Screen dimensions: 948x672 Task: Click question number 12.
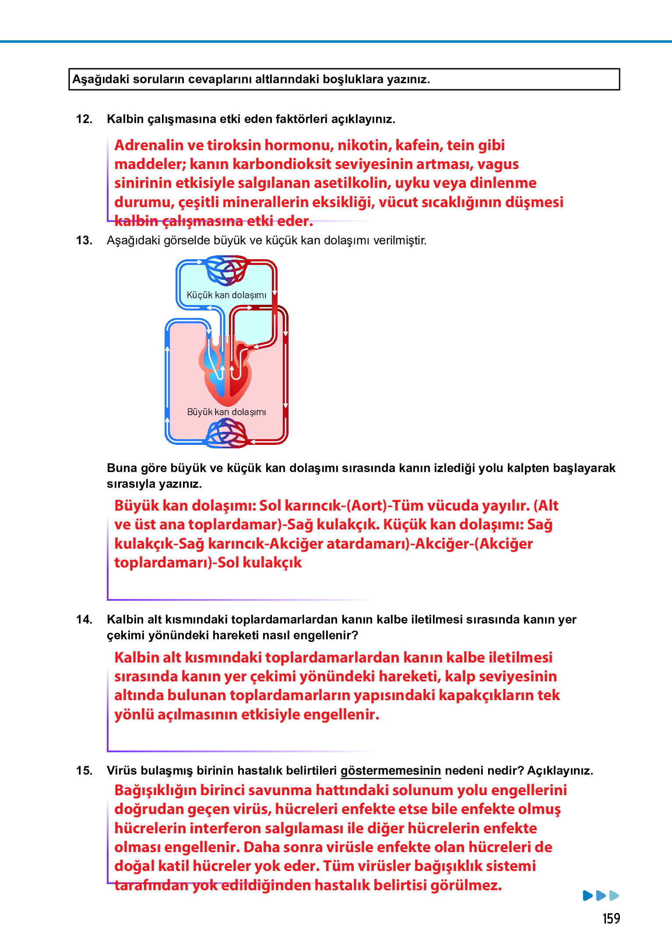84,119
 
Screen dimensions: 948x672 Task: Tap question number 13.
84,240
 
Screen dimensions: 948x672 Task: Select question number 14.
84,620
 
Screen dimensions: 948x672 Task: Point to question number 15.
84,771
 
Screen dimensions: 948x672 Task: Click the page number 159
611,918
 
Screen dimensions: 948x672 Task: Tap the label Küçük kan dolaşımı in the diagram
226,295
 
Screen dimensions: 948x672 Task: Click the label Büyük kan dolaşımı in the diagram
226,412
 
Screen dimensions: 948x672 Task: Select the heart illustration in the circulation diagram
226,372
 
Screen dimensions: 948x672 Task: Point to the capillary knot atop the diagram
226,269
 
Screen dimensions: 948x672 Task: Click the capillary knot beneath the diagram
226,433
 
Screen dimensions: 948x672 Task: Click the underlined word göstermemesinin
391,771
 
